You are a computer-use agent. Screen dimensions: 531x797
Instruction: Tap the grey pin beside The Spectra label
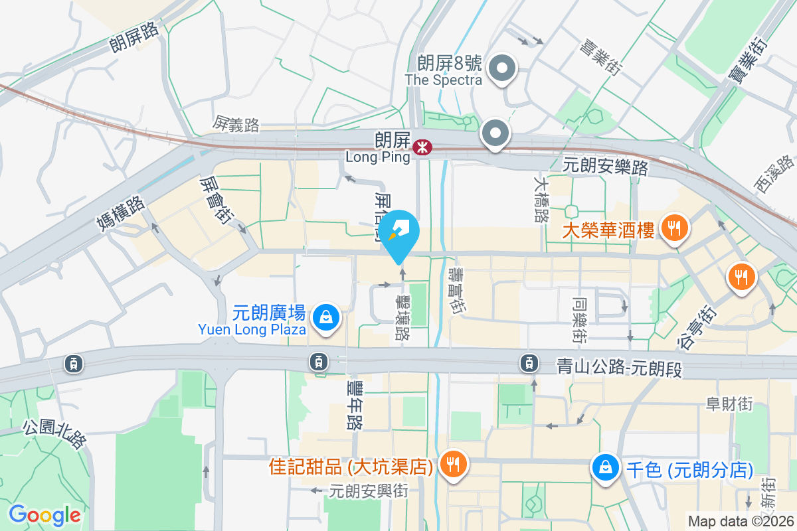(503, 69)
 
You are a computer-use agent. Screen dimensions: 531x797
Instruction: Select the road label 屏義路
(236, 123)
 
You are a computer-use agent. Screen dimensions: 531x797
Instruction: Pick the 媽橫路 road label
(120, 211)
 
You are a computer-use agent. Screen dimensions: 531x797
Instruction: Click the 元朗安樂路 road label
(605, 167)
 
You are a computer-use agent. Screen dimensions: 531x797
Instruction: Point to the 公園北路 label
(54, 433)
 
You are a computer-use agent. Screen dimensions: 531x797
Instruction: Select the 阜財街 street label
(729, 403)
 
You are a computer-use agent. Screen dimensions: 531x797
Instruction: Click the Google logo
(44, 514)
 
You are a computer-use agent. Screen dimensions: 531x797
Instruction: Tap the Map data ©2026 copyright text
(741, 521)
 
